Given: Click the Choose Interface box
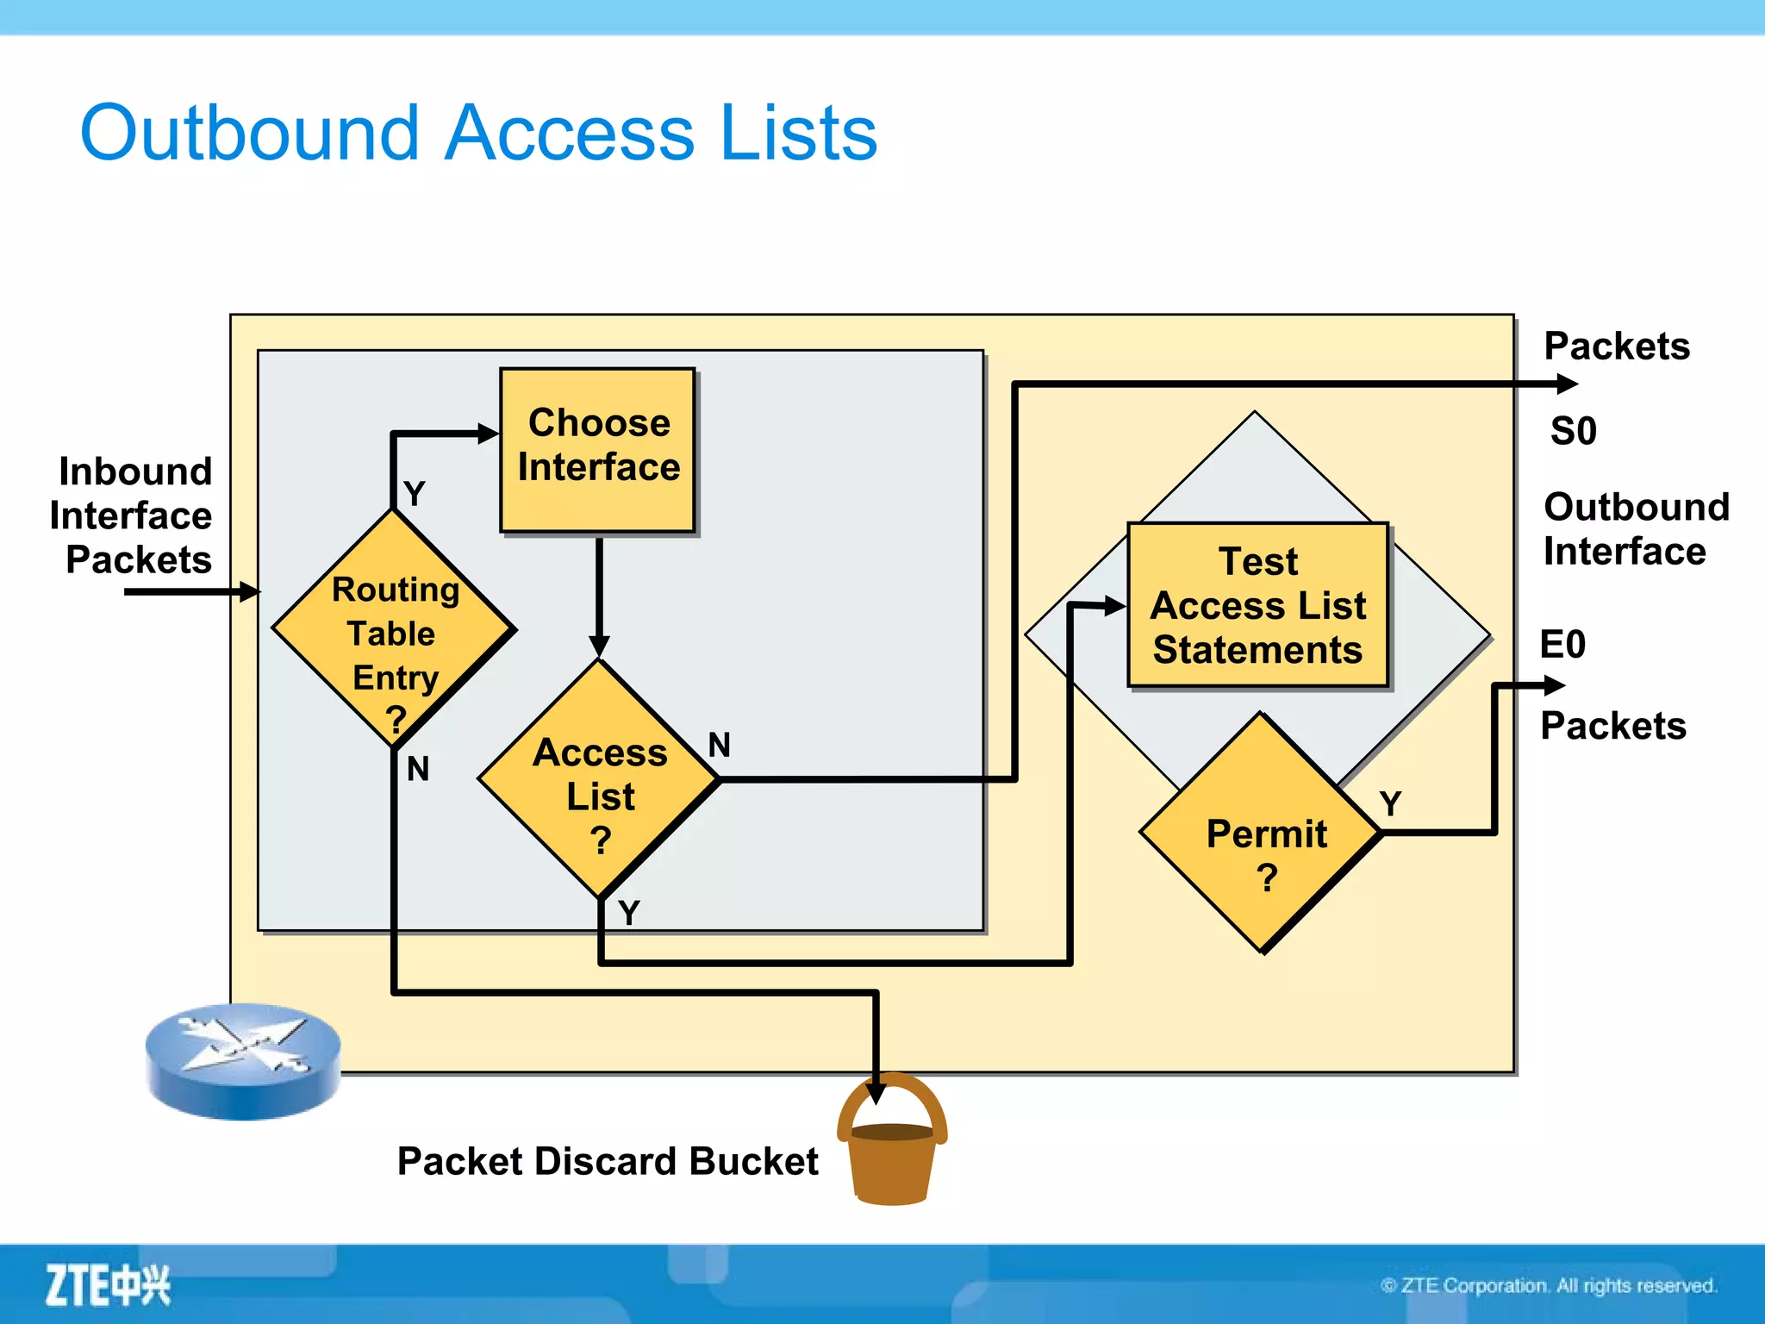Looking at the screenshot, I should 597,449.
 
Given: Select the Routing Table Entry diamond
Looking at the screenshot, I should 394,629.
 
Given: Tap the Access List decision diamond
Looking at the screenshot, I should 599,781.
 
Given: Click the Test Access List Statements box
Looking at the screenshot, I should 1257,605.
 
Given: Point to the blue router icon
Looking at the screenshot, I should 243,1060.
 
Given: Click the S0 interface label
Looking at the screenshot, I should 1573,430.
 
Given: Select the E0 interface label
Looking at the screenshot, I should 1562,644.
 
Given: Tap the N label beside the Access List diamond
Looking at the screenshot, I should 720,745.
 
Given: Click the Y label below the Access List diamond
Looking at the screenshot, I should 629,912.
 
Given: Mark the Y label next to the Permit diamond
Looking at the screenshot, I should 1390,803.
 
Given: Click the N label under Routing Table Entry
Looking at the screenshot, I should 418,769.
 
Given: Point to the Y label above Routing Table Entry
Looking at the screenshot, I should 415,494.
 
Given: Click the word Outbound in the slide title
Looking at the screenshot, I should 250,134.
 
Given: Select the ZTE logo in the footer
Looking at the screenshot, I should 108,1285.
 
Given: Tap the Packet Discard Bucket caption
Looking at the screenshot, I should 607,1161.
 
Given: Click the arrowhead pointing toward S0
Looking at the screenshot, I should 1567,384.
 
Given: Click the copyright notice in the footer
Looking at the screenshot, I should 1548,1285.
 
